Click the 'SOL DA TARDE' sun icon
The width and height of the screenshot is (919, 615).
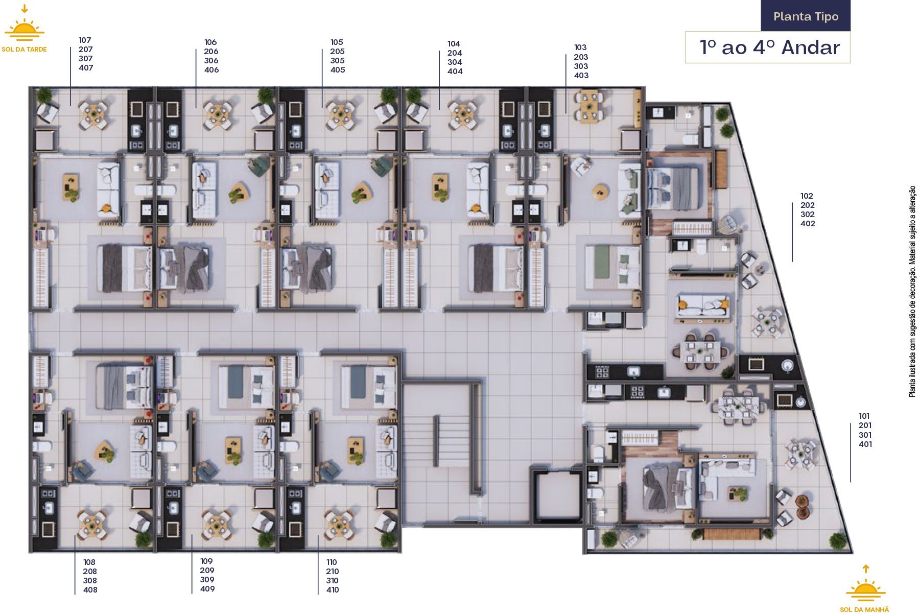(x=25, y=29)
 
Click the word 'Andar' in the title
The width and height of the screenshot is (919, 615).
(x=810, y=48)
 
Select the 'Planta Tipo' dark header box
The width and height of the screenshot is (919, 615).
(x=806, y=16)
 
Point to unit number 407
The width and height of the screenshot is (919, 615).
(x=86, y=67)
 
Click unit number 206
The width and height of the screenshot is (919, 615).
(x=211, y=51)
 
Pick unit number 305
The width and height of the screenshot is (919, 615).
(x=337, y=60)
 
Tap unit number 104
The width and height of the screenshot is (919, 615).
(x=454, y=43)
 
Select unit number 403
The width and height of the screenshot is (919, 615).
(x=581, y=75)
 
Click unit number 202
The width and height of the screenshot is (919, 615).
(x=808, y=205)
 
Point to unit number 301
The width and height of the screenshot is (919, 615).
(x=865, y=435)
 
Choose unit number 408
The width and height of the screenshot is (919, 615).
(x=90, y=589)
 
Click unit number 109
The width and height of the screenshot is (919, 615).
(x=206, y=561)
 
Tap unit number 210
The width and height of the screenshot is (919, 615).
(x=333, y=571)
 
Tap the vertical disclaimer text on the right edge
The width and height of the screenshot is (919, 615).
(x=912, y=292)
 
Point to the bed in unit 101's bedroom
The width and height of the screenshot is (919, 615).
(x=667, y=488)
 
